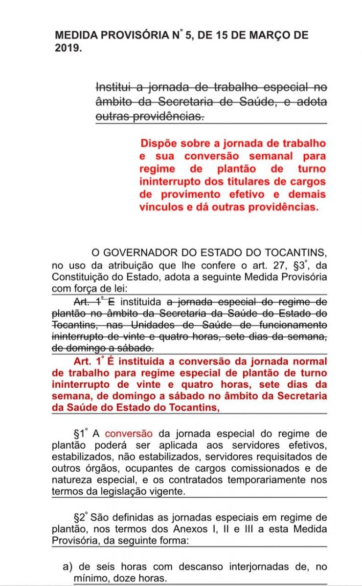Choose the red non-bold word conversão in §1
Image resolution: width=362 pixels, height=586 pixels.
(x=129, y=433)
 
